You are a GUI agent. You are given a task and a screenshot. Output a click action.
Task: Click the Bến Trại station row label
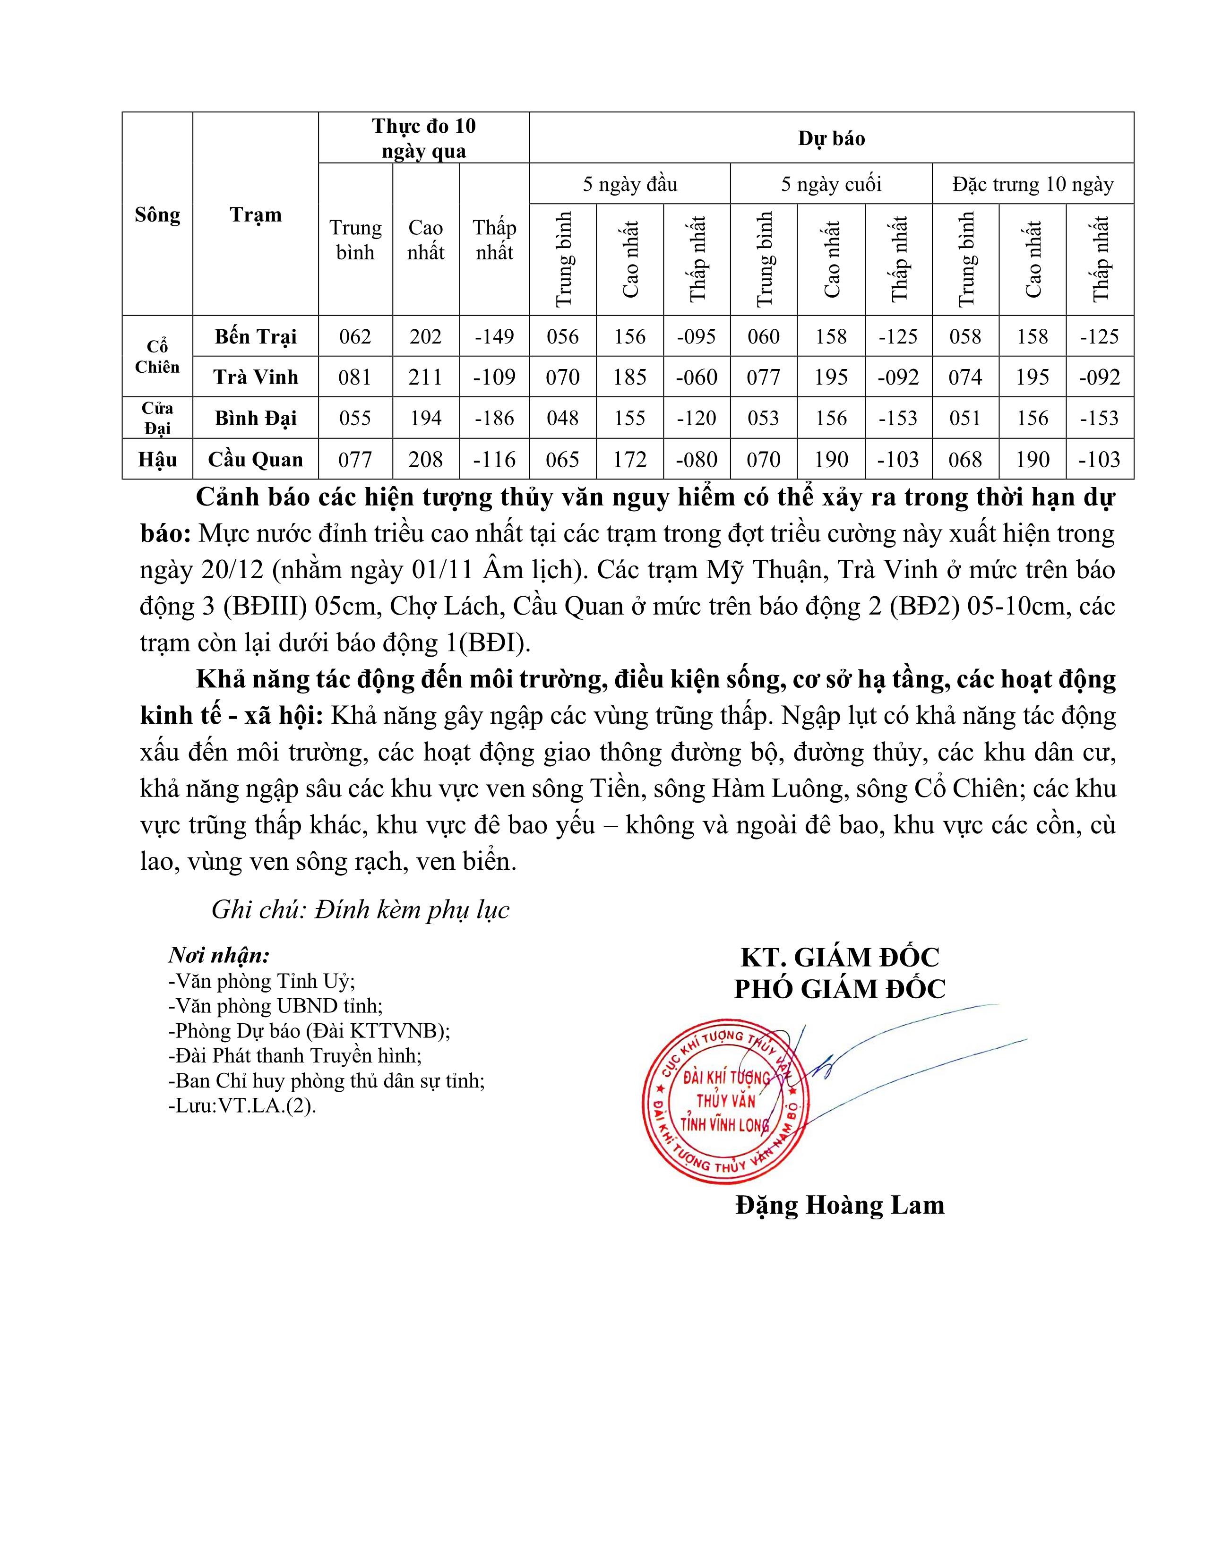point(256,336)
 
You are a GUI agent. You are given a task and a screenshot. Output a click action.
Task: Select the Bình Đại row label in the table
point(256,418)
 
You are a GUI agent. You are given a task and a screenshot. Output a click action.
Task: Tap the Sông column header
point(157,214)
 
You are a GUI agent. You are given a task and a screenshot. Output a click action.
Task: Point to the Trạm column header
point(256,214)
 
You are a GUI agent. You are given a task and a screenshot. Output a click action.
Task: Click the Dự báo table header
point(831,138)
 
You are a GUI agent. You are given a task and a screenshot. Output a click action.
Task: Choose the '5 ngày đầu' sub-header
point(629,184)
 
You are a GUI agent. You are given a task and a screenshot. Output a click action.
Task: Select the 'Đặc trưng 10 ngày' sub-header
point(1032,184)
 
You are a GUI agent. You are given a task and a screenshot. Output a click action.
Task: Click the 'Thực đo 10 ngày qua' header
point(424,138)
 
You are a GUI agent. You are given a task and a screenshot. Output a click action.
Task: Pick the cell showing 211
point(425,377)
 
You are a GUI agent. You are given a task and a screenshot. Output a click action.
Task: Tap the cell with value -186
point(494,418)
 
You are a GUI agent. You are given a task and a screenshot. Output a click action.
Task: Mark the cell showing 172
point(629,460)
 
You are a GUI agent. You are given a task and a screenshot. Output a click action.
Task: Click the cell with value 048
point(562,418)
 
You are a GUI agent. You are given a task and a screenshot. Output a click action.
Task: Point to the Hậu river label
point(157,460)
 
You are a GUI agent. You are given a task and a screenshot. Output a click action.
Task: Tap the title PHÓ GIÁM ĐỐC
point(840,989)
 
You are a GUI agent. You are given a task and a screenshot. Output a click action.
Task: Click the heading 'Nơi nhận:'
point(219,955)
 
